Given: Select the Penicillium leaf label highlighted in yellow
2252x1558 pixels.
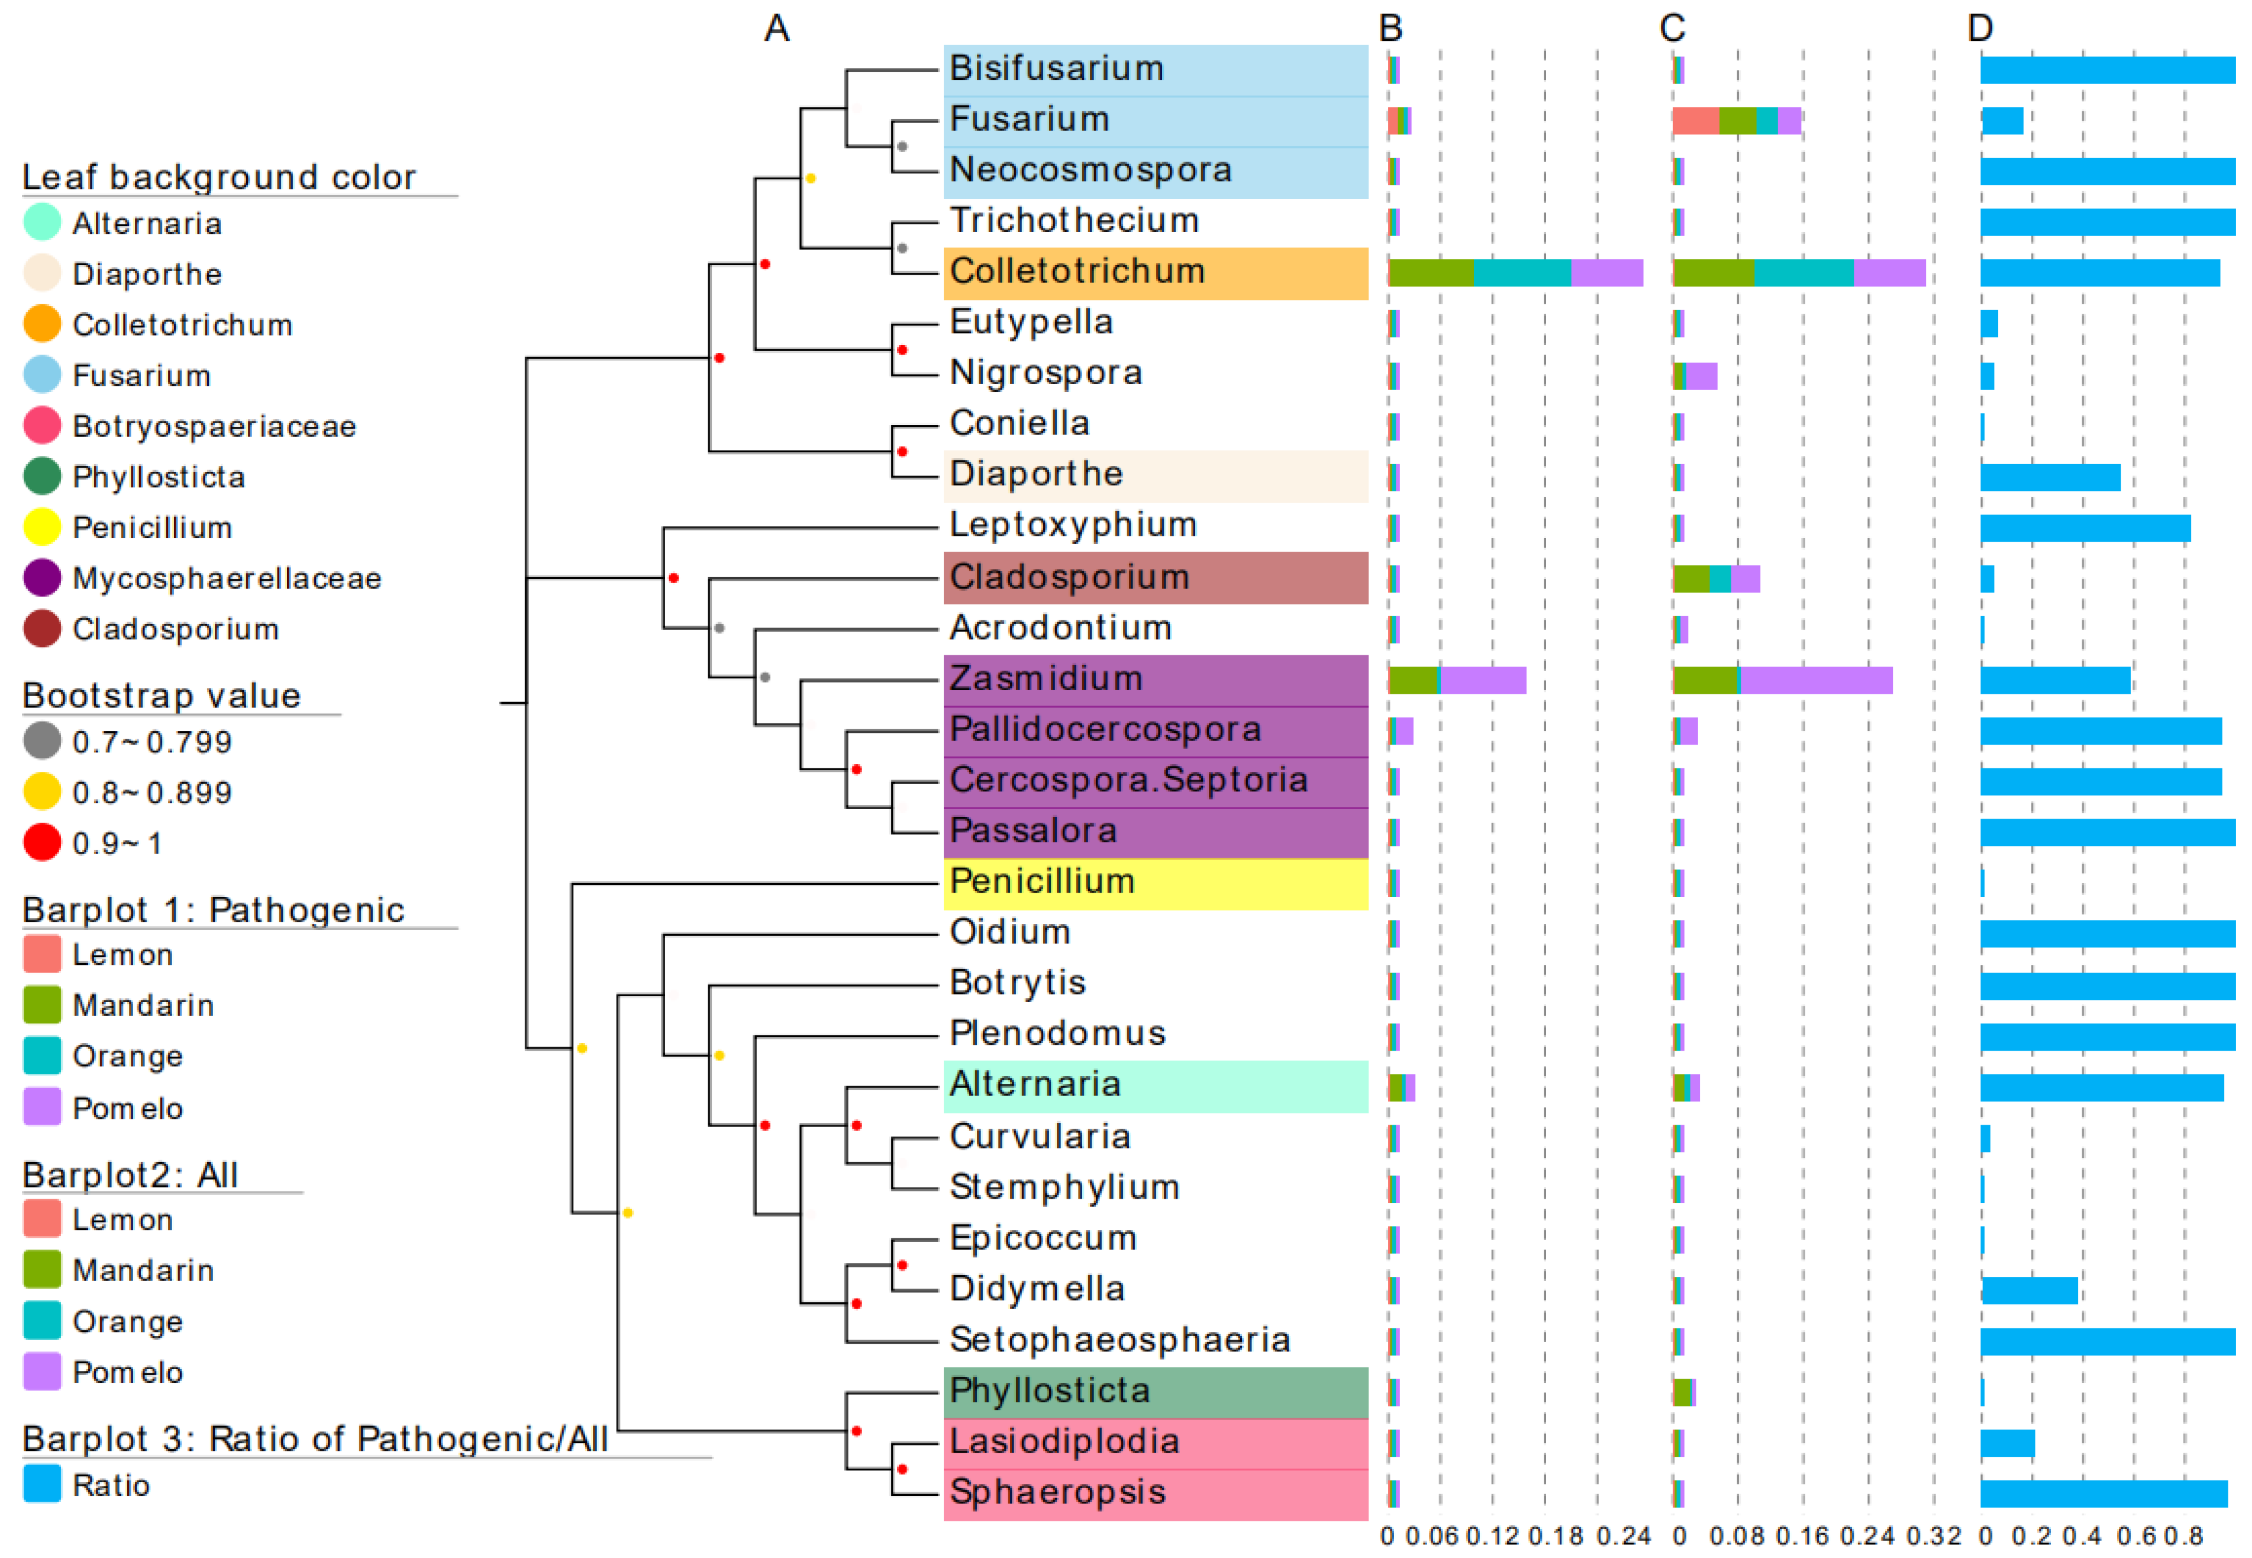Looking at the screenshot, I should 1042,881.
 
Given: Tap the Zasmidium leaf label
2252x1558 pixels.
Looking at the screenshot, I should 1046,678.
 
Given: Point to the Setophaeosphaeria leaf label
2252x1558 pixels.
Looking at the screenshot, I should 1119,1340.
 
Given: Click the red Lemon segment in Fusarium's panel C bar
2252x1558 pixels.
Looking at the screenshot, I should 1695,121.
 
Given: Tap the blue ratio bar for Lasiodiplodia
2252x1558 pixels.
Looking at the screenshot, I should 2007,1443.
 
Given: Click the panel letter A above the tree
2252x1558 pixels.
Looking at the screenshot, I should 777,28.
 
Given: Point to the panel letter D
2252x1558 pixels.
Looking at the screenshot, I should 1980,28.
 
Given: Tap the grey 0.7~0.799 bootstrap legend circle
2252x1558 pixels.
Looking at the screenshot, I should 42,741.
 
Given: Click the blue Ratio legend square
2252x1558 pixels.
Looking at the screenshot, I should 42,1484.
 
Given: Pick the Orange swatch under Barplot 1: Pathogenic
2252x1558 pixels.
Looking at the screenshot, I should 42,1055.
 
